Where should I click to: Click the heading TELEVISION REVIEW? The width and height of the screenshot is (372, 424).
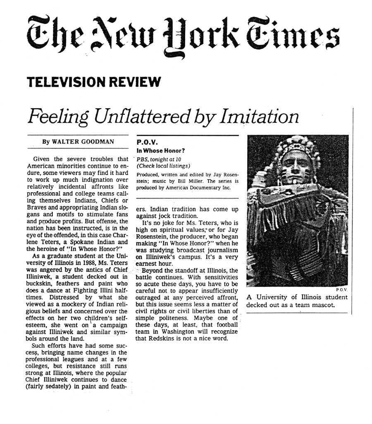(x=93, y=82)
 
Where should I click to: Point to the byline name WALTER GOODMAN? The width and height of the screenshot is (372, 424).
(x=87, y=141)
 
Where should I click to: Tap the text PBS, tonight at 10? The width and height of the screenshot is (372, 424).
(x=159, y=159)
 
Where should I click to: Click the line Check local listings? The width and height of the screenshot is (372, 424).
(x=163, y=166)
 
